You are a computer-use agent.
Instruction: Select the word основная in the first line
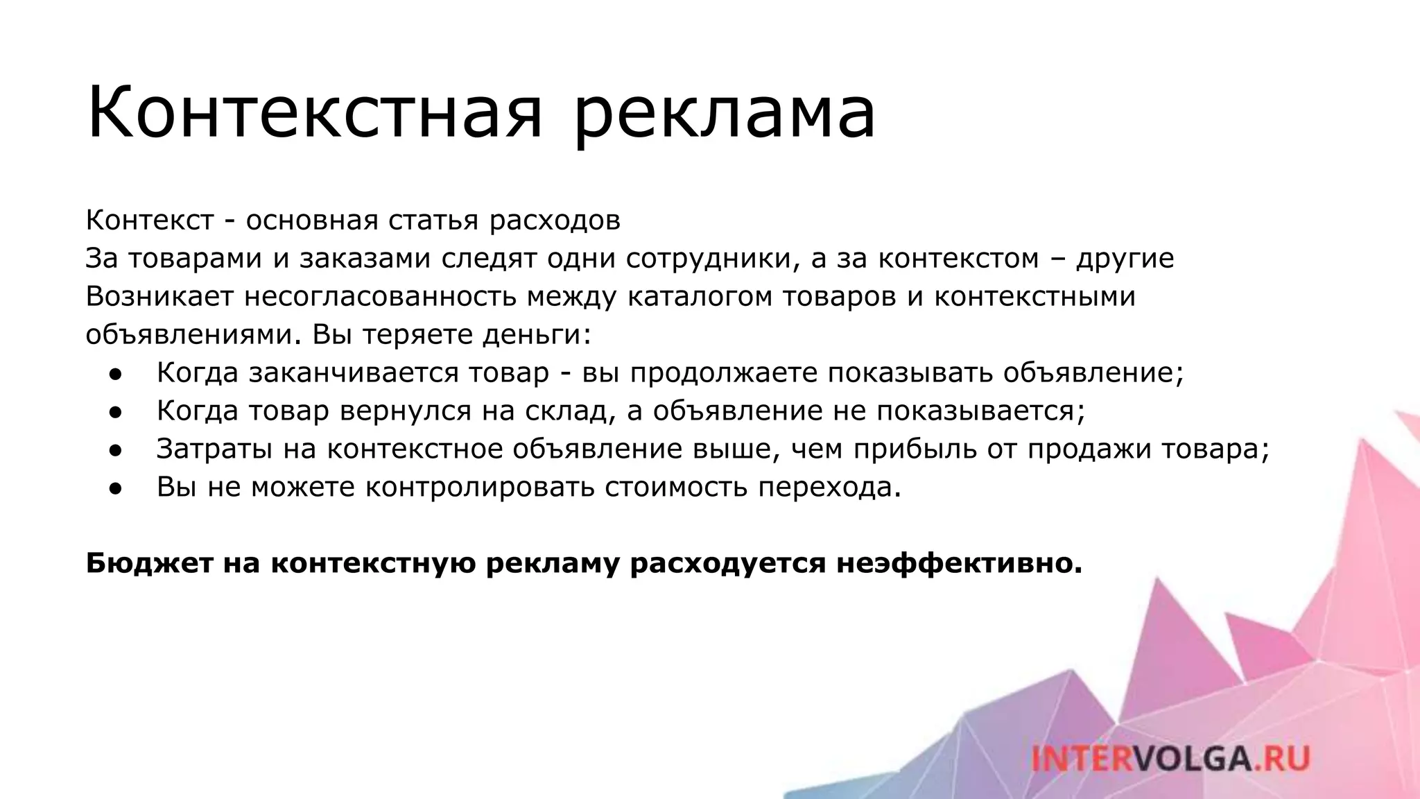coord(312,221)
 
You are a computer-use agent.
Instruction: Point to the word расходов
coord(555,221)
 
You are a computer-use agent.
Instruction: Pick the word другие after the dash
coord(1125,259)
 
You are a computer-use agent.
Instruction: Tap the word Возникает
coord(159,297)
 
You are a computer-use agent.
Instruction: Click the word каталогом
coord(700,297)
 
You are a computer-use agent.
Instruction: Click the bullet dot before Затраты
coord(115,450)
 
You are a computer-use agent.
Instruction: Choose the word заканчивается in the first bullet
coord(354,373)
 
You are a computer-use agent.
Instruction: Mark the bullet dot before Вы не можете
coord(115,488)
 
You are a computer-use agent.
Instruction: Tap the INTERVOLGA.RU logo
coord(1170,758)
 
